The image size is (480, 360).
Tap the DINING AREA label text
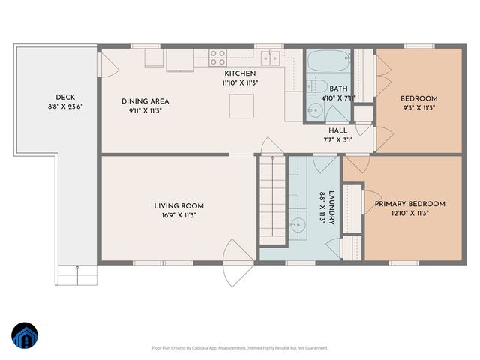145,100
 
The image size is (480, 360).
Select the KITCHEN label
240,73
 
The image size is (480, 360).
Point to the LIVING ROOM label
179,205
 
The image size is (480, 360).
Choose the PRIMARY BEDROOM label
409,203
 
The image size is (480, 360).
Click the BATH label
338,88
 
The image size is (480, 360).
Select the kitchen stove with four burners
217,58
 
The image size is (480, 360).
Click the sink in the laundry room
299,223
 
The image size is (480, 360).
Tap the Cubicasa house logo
25,336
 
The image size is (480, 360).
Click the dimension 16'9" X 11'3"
179,215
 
